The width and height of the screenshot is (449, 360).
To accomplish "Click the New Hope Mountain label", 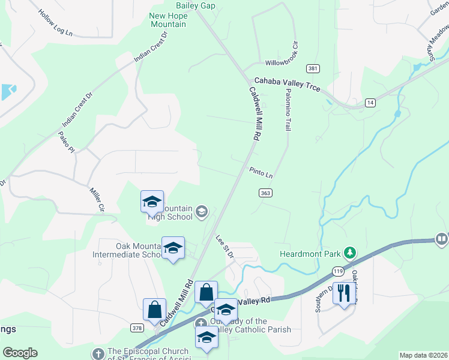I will (168, 20).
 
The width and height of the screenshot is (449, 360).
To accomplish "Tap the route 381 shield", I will (312, 68).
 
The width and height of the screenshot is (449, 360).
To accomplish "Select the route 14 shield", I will (371, 103).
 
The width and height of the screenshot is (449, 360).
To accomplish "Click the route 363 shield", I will (267, 193).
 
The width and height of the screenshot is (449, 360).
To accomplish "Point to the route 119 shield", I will (339, 271).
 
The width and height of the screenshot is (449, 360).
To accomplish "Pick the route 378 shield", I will (137, 328).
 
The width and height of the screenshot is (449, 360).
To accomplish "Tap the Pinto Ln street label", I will (262, 173).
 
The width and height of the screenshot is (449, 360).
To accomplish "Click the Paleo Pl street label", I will (65, 142).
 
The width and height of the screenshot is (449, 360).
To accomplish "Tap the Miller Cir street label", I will (97, 199).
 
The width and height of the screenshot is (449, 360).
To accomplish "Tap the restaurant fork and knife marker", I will (343, 293).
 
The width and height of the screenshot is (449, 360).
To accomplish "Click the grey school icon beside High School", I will (202, 211).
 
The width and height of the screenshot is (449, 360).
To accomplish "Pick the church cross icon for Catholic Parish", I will (202, 323).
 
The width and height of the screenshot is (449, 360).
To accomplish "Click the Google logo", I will (20, 353).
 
